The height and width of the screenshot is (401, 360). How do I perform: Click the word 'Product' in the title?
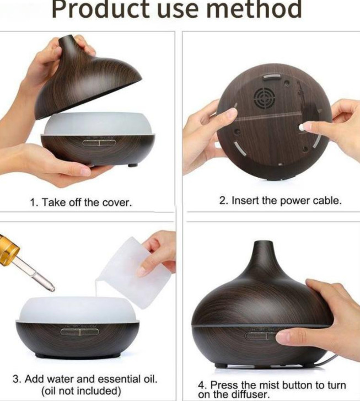point(100,9)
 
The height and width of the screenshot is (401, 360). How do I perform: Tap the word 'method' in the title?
point(254,9)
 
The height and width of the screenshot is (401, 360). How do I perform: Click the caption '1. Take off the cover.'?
point(81,202)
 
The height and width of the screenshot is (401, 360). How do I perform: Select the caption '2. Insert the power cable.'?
point(280,201)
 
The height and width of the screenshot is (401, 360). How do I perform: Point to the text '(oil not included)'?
point(81,391)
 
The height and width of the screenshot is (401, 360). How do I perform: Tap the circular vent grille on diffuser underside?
point(264,98)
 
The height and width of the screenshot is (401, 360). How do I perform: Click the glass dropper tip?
point(52,288)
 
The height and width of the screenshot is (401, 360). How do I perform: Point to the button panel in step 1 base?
point(99,142)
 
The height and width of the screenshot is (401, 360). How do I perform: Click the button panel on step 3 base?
point(79,332)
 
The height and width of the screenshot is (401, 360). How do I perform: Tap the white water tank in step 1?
point(99,124)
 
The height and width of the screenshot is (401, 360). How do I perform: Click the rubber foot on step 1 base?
point(133,165)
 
